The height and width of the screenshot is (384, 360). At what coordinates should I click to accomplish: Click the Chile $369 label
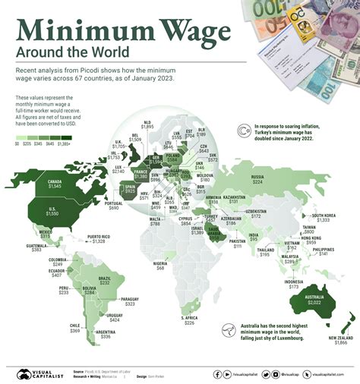click(x=75, y=329)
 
